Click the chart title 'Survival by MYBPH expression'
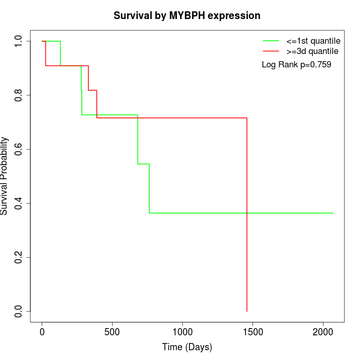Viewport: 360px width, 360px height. pos(187,16)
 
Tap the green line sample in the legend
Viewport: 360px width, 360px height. pos(271,41)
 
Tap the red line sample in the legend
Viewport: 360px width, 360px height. pos(271,51)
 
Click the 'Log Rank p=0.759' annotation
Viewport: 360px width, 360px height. pos(296,65)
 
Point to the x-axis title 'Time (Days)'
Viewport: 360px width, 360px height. pos(187,347)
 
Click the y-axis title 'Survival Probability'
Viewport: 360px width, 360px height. pos(5,176)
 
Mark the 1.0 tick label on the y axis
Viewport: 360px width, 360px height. pos(19,41)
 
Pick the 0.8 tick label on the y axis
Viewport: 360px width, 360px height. pos(19,95)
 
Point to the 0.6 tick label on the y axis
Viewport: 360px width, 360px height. pos(19,149)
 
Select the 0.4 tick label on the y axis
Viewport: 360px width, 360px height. pos(19,203)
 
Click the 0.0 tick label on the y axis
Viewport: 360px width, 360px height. pos(19,311)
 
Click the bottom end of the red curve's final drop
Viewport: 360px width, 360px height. pos(247,311)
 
